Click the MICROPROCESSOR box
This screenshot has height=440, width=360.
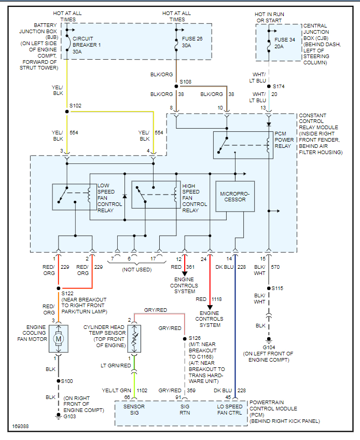click(x=235, y=197)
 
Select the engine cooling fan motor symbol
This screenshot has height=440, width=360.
click(x=58, y=338)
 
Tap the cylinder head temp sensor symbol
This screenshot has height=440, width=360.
click(x=134, y=338)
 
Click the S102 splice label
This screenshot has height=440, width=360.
click(x=75, y=105)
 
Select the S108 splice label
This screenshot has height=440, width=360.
click(x=185, y=82)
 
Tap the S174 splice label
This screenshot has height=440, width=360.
click(x=279, y=86)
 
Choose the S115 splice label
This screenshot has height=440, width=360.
click(x=279, y=288)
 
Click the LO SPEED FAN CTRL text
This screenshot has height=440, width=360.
click(x=229, y=409)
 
